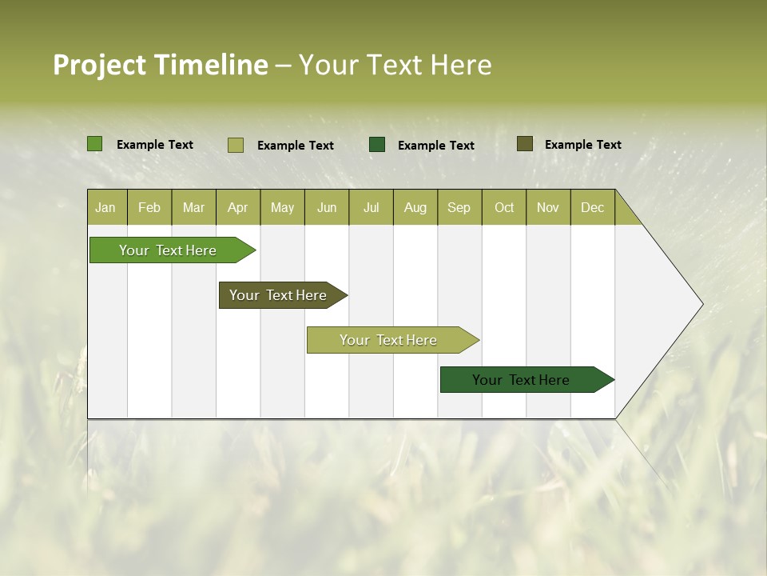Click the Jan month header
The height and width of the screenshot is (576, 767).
pyautogui.click(x=105, y=207)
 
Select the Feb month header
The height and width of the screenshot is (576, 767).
pyautogui.click(x=149, y=207)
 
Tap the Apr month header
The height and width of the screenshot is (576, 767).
pyautogui.click(x=237, y=207)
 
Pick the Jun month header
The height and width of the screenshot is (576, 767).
pyautogui.click(x=327, y=207)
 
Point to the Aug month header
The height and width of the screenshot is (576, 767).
pyautogui.click(x=415, y=207)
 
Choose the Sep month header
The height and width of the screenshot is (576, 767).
pyautogui.click(x=459, y=207)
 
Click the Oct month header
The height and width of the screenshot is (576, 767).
pyautogui.click(x=504, y=207)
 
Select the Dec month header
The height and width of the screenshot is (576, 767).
pyautogui.click(x=592, y=207)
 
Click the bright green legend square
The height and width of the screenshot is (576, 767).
pyautogui.click(x=95, y=144)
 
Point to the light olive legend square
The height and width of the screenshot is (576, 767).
pyautogui.click(x=236, y=145)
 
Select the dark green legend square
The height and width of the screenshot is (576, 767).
pyautogui.click(x=377, y=144)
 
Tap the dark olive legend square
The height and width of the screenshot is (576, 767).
pyautogui.click(x=525, y=144)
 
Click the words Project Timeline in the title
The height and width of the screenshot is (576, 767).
pyautogui.click(x=161, y=65)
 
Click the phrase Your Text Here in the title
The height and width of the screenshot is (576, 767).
pyautogui.click(x=395, y=65)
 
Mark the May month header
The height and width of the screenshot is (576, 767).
pyautogui.click(x=282, y=207)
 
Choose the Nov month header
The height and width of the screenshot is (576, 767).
pyautogui.click(x=548, y=207)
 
